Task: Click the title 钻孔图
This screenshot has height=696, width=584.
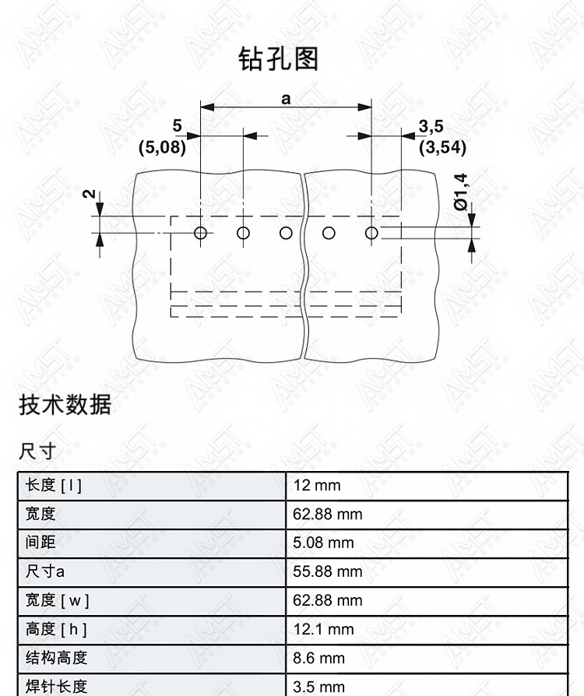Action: point(279,58)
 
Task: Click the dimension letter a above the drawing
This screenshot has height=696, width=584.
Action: point(286,99)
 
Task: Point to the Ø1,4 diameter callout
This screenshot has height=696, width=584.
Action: point(461,192)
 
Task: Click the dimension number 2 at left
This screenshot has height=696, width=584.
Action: point(90,194)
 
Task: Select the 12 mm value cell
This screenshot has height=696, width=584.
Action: point(427,486)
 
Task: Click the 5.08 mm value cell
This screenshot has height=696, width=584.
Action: point(427,543)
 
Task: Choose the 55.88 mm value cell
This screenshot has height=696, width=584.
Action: point(427,571)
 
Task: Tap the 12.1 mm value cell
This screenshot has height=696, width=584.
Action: point(427,629)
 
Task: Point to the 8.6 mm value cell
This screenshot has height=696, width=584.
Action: point(427,659)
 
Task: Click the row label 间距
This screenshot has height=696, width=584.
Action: point(40,542)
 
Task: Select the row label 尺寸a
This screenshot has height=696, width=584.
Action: point(45,571)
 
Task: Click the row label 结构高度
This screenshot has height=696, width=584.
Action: point(56,658)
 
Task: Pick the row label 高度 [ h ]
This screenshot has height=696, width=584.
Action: point(56,629)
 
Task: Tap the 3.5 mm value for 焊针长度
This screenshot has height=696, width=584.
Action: point(318,687)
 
